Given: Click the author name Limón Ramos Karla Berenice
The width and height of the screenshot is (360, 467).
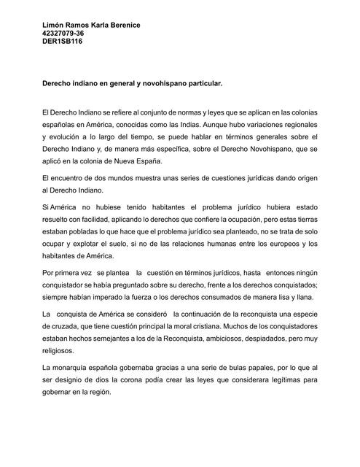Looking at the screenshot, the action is [92, 26].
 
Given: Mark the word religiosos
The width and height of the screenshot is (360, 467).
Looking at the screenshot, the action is [63, 350].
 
